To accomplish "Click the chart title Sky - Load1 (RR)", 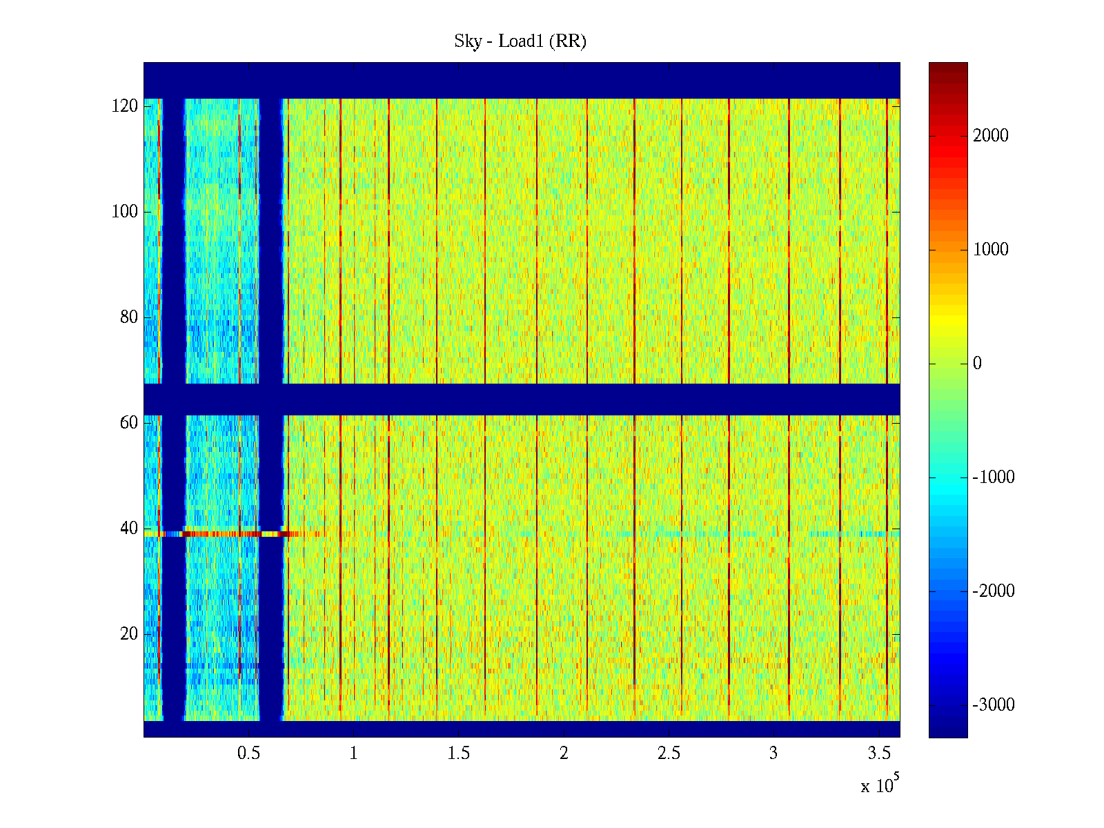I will point(520,41).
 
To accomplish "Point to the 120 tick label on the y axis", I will point(125,106).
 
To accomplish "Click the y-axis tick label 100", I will point(125,212).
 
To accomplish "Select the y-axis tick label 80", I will point(129,317).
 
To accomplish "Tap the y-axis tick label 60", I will point(129,423).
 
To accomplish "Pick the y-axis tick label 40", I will point(129,529).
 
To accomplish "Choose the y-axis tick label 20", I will point(129,634).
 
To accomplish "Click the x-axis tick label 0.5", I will point(248,753).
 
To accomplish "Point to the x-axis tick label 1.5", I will point(459,753).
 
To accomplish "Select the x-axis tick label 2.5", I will point(669,753).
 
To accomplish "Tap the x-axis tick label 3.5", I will point(879,753).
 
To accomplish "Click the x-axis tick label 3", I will point(773,753).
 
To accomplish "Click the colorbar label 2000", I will point(991,136).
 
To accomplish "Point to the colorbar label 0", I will point(977,364).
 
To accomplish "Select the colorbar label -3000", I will point(994,705).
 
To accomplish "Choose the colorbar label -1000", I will point(994,477).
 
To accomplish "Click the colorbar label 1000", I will point(991,250).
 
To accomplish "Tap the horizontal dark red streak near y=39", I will point(221,534).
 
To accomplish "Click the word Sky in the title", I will point(468,41).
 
